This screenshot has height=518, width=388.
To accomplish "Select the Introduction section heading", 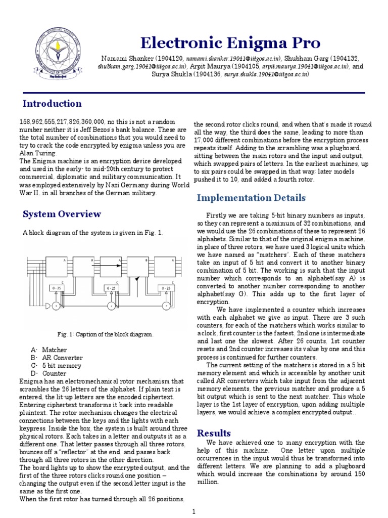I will tap(52, 104).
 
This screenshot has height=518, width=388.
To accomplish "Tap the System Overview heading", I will tap(62, 214).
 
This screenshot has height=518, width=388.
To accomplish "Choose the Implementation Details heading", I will tap(251, 198).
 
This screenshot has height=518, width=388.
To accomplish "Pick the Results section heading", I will tap(214, 433).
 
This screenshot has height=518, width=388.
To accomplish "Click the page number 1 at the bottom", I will tap(193, 512).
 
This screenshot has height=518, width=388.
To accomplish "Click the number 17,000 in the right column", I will tap(206, 139).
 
